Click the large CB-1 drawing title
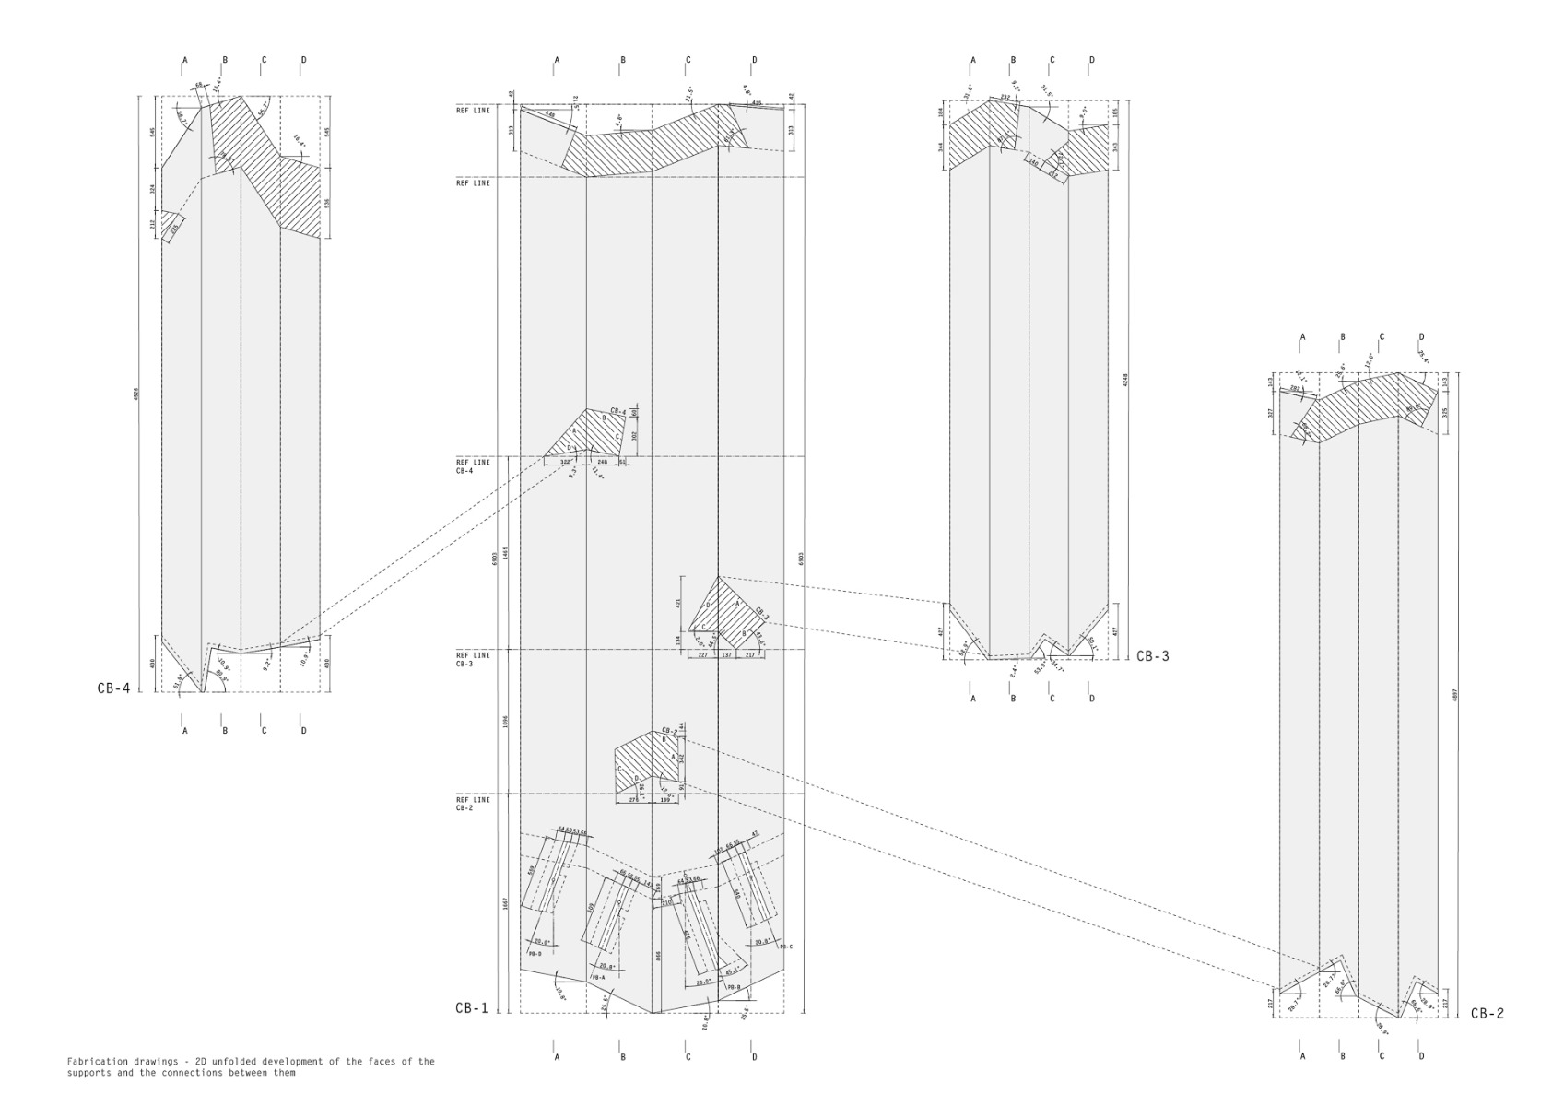[471, 1007]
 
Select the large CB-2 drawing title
[1487, 1013]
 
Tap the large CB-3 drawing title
[1152, 656]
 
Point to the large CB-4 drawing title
[113, 688]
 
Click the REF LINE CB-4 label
[473, 466]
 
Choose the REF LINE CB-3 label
[473, 659]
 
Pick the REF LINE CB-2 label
[473, 804]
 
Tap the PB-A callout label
[598, 977]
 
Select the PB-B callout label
[735, 987]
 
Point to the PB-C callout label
[785, 947]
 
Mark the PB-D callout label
[535, 955]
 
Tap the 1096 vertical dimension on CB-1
[506, 722]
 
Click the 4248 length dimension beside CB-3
[1125, 381]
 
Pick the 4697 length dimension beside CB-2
[1455, 696]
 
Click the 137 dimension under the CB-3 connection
[726, 654]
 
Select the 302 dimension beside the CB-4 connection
[634, 435]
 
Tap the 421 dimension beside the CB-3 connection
[678, 604]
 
